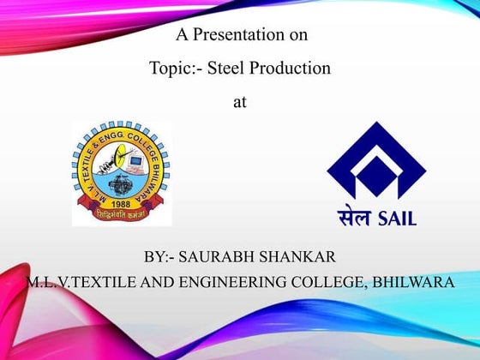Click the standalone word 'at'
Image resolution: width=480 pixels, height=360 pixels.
click(240, 100)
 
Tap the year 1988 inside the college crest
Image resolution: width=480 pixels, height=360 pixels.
click(121, 205)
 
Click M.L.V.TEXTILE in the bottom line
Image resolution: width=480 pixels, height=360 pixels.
click(77, 282)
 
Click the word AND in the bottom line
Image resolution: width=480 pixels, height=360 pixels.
click(149, 282)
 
